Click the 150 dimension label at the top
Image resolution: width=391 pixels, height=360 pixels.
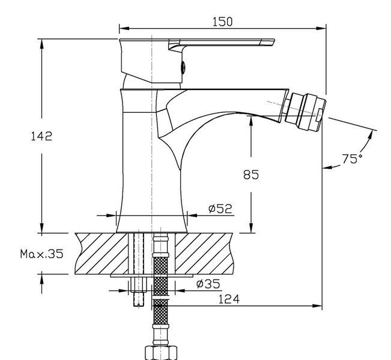222,22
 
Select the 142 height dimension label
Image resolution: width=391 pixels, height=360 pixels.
41,136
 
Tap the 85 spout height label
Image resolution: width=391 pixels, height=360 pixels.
251,175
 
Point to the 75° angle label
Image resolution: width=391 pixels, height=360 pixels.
352,158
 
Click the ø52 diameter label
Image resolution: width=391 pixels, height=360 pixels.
220,209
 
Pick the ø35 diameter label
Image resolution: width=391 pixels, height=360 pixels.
208,284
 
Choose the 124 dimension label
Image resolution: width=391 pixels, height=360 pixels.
229,299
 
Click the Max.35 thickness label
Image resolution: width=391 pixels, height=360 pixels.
41,254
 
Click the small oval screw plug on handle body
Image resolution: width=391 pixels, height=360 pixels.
183,68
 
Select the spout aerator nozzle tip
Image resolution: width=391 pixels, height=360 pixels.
306,112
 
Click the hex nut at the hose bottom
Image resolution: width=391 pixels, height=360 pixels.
161,353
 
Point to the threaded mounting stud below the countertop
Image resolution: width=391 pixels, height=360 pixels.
139,292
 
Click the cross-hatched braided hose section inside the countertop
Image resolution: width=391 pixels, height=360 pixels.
160,265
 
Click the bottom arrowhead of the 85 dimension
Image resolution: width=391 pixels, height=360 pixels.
251,228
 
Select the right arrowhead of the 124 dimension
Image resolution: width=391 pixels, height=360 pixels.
317,305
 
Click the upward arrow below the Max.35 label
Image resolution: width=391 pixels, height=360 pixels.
41,283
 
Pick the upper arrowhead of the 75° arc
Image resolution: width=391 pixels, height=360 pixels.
371,134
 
